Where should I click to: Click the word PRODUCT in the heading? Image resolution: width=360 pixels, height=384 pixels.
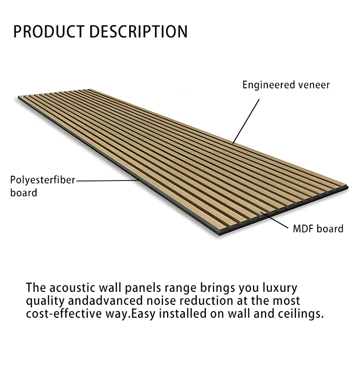pyautogui.click(x=48, y=32)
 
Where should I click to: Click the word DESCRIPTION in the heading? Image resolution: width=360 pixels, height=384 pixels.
pyautogui.click(x=138, y=32)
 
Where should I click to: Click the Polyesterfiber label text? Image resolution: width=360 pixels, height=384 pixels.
pyautogui.click(x=43, y=180)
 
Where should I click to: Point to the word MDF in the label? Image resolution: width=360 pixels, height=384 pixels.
pyautogui.click(x=303, y=229)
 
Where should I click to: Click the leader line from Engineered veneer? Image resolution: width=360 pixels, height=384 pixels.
pyautogui.click(x=246, y=121)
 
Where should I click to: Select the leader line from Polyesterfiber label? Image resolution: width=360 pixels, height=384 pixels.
pyautogui.click(x=108, y=181)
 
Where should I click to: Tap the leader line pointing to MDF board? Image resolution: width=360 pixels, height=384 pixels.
pyautogui.click(x=274, y=220)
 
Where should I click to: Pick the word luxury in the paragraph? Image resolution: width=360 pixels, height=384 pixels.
pyautogui.click(x=280, y=288)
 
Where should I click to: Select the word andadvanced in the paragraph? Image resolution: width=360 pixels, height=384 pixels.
pyautogui.click(x=105, y=300)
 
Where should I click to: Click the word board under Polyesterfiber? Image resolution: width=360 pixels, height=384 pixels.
pyautogui.click(x=24, y=193)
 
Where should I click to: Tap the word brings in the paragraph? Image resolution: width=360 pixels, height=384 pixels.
pyautogui.click(x=217, y=288)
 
